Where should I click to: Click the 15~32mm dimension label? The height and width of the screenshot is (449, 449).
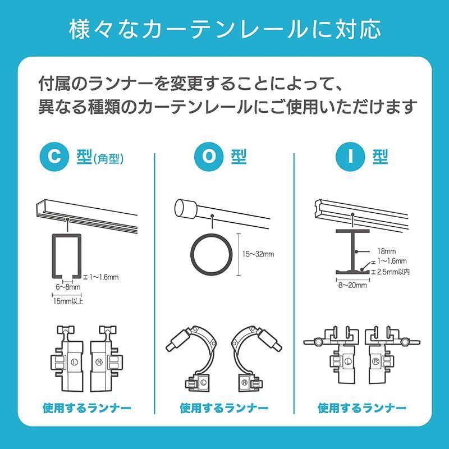pos(258,254)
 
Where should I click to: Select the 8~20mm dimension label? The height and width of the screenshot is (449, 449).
pos(352,285)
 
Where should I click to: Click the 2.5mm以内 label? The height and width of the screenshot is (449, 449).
pos(392,272)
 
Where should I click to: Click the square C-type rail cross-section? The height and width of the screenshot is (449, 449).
pos(66,255)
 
